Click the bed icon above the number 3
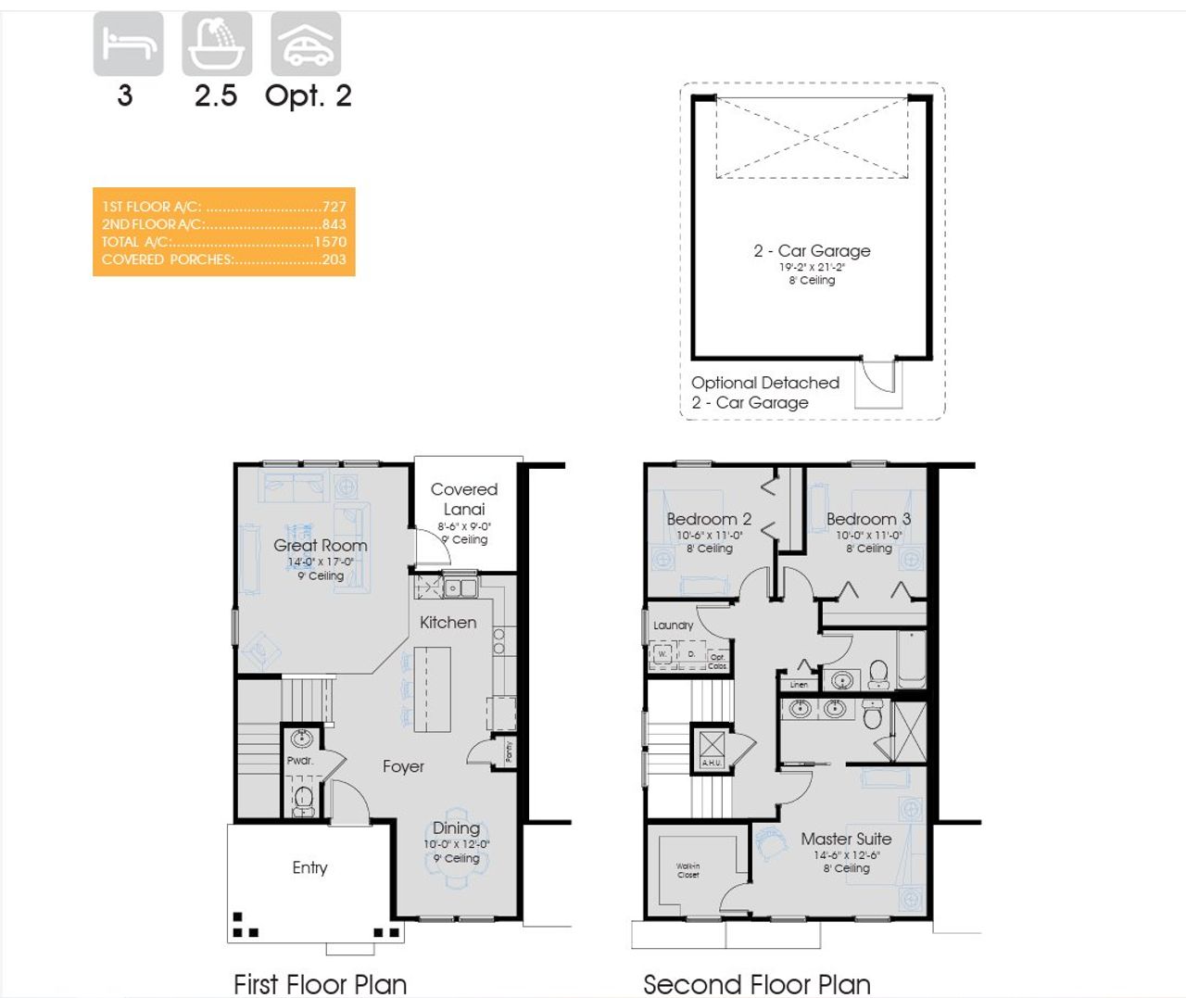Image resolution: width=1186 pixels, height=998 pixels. point(128,44)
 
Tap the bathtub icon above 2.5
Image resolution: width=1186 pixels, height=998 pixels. point(217,44)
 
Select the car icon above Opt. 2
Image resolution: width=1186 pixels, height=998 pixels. point(306,44)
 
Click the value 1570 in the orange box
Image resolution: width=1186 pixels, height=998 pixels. point(330,242)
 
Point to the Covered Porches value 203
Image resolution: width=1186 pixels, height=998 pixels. point(334,259)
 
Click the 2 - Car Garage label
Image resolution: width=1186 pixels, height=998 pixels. point(812,250)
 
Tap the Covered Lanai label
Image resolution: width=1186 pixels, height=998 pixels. point(464,499)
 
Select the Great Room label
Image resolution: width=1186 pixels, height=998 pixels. point(321,545)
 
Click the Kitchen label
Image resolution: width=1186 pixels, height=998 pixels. point(448,623)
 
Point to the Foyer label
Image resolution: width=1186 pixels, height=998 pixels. point(403,766)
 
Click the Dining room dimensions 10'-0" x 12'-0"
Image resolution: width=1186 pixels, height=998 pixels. point(457,844)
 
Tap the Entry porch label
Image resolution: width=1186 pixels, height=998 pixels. point(309,867)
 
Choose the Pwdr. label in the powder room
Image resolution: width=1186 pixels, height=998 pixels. point(299,761)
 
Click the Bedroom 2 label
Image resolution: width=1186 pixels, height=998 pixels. point(709,519)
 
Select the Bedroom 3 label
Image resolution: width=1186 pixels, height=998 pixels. point(868,519)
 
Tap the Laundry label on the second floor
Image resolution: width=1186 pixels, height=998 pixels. point(673,625)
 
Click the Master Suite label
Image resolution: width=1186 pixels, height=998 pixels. point(846,839)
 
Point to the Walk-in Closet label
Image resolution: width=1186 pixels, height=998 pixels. point(688,870)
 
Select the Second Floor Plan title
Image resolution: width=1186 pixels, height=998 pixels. point(757,983)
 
